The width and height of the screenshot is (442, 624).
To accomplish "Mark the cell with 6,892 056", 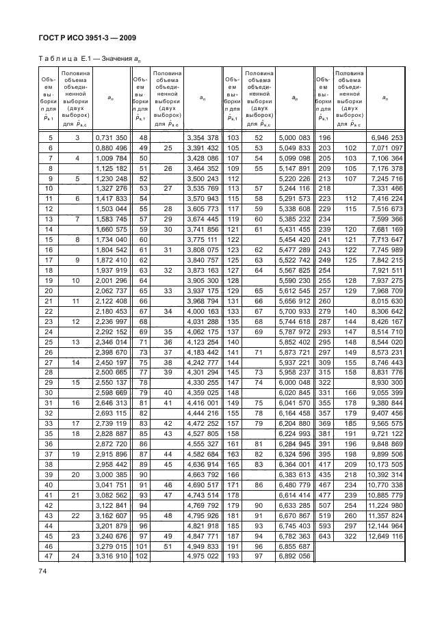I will click(294, 556).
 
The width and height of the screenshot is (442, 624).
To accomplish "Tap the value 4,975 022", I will click(203, 556).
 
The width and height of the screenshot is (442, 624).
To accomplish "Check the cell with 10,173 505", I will click(388, 466).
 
